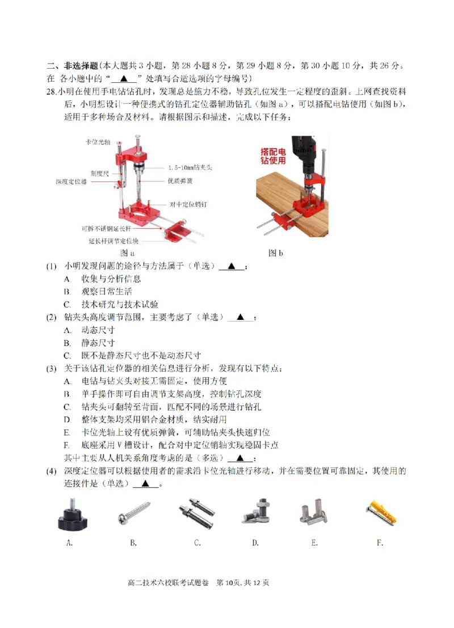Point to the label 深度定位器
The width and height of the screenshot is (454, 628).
pyautogui.click(x=71, y=182)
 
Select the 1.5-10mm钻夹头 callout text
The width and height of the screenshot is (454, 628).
pyautogui.click(x=190, y=167)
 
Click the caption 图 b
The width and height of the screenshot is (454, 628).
pyautogui.click(x=275, y=253)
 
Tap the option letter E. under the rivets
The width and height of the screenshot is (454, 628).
pyautogui.click(x=314, y=543)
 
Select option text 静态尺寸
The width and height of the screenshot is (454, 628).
pyautogui.click(x=98, y=343)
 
